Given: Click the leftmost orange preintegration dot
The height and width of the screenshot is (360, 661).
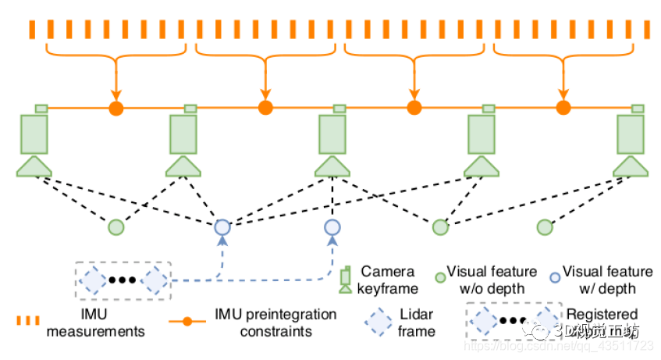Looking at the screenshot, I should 116,107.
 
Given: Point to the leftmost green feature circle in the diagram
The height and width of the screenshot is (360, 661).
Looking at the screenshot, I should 115,227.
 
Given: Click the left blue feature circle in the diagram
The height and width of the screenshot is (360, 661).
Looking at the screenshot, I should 222,227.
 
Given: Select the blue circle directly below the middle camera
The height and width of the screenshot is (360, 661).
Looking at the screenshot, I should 332,227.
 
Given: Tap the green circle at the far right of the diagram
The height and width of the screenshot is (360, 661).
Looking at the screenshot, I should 546,227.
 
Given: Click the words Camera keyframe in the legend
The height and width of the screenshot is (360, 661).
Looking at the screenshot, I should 387,280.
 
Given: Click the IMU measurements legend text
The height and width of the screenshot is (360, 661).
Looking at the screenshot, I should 95,323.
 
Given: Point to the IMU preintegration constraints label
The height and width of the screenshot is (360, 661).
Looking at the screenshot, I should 275,323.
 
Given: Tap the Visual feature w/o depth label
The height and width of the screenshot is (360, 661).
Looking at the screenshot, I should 491,280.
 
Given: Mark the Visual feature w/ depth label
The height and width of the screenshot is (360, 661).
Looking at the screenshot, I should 607,280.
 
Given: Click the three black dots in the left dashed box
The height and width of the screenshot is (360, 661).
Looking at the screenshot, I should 123,280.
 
